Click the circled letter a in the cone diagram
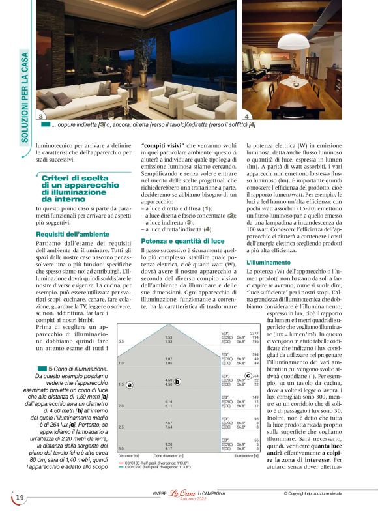pyautogui.click(x=130, y=385)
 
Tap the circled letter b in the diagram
pyautogui.click(x=177, y=381)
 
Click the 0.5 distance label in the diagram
pyautogui.click(x=121, y=341)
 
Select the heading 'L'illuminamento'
pyautogui.click(x=264, y=262)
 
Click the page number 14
pyautogui.click(x=20, y=498)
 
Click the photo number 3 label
pyautogui.click(x=40, y=115)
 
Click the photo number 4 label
pyautogui.click(x=246, y=115)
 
